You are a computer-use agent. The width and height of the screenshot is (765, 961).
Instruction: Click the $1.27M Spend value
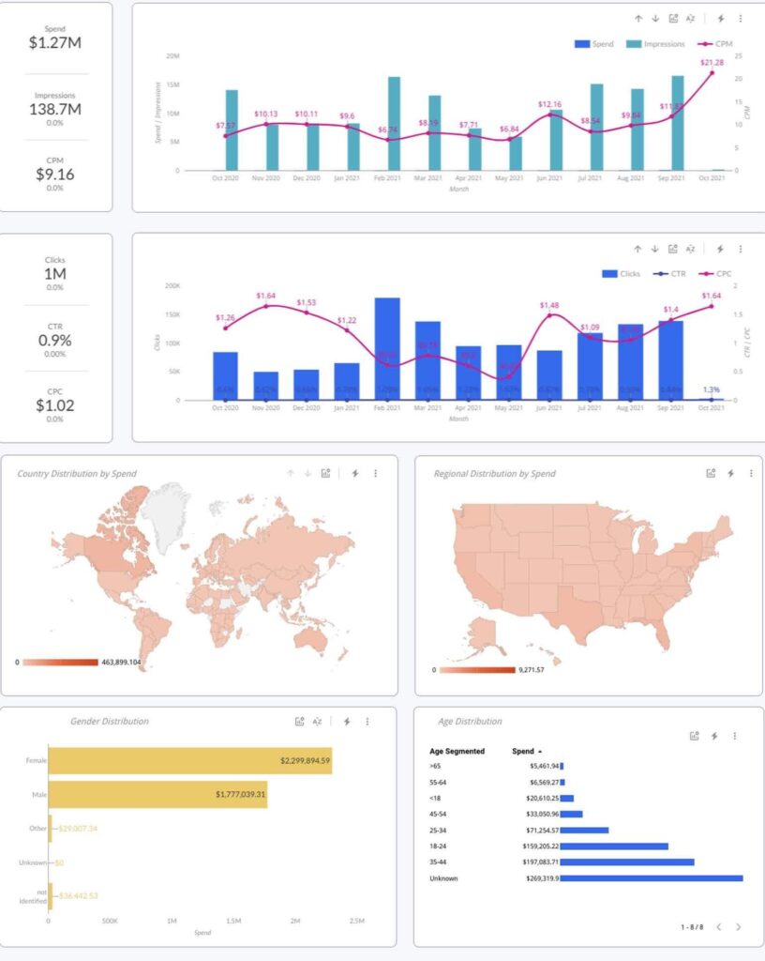(54, 42)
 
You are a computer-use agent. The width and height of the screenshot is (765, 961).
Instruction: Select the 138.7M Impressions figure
(54, 109)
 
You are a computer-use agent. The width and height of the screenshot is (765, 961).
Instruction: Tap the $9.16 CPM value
(54, 175)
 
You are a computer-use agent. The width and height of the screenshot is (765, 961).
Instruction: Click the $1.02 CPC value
(54, 405)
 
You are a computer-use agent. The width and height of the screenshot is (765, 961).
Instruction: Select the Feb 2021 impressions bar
(394, 123)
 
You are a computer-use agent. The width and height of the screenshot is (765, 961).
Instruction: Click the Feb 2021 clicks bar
(387, 348)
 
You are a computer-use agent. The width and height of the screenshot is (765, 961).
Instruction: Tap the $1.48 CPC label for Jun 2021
(549, 305)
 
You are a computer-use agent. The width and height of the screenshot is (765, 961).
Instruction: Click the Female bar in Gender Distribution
(190, 761)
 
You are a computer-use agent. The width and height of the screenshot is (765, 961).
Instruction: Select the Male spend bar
(157, 795)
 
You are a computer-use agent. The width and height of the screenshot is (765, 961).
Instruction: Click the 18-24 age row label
(441, 846)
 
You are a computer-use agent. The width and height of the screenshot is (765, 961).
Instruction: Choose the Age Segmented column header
(457, 752)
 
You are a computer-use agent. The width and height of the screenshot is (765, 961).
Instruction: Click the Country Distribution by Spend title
(77, 474)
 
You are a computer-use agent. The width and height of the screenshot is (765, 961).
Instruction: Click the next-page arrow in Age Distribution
(738, 926)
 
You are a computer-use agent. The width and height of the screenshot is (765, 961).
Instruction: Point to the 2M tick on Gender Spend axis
(295, 922)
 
